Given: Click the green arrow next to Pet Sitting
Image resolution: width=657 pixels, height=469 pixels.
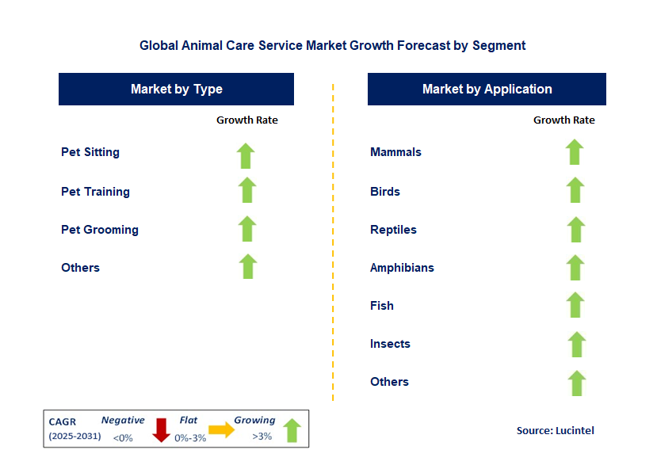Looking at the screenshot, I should [246, 155].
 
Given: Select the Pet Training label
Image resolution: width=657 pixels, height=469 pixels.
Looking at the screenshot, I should [95, 192].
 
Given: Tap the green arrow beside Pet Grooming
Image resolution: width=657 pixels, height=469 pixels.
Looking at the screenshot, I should [247, 229].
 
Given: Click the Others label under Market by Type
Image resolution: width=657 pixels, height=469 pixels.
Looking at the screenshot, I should [80, 268].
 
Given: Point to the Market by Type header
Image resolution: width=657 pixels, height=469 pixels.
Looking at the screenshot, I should [176, 90].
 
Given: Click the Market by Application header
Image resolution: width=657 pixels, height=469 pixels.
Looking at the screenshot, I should [487, 90].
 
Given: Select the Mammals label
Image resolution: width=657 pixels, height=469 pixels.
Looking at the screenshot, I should [395, 152].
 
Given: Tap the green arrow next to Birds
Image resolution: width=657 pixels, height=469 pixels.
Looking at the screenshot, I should [575, 190].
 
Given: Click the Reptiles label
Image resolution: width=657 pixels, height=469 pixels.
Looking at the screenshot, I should [393, 230].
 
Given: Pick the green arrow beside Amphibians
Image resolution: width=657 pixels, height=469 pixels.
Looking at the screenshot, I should [575, 267].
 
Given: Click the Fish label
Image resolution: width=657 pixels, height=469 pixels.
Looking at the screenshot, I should [381, 306].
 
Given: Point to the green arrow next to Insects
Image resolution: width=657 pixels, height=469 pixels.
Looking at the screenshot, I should [576, 344].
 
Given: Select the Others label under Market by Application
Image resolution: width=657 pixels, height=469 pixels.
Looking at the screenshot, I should [389, 382].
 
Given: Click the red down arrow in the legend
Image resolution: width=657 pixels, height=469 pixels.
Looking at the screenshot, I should [161, 429].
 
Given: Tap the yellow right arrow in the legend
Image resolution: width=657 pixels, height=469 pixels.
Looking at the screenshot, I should [221, 430].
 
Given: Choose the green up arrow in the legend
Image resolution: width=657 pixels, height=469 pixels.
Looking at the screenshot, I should [292, 430].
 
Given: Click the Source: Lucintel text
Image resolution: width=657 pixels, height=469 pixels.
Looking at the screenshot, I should [555, 431].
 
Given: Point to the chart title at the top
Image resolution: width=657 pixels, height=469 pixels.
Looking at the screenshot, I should [332, 46].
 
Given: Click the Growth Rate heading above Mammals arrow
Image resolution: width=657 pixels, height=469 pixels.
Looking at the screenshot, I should [563, 120].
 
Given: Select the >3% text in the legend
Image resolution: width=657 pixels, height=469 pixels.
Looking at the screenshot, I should [262, 437].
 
